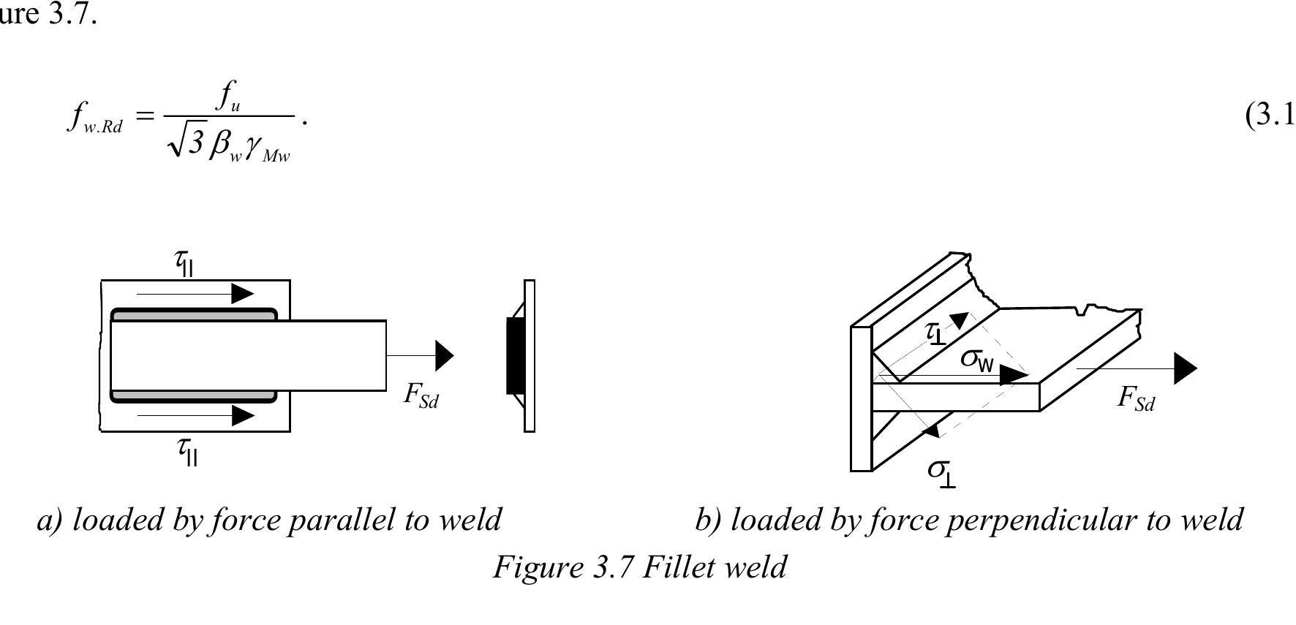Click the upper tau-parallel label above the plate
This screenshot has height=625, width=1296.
[x=185, y=262]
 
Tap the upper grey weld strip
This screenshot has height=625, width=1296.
[x=194, y=315]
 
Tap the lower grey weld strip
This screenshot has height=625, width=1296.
[x=194, y=397]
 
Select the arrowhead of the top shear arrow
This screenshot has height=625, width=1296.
[x=242, y=294]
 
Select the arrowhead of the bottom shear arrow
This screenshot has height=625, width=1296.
[x=242, y=416]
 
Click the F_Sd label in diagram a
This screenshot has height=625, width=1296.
[x=421, y=395]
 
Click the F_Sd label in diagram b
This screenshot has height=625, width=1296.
[x=1136, y=398]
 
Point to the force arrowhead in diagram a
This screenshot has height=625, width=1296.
[x=444, y=356]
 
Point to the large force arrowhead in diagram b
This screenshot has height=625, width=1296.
[x=1185, y=368]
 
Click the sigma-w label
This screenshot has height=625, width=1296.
[x=977, y=359]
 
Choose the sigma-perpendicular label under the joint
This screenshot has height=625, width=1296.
[x=941, y=471]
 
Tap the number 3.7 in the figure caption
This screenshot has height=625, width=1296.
[x=613, y=567]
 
